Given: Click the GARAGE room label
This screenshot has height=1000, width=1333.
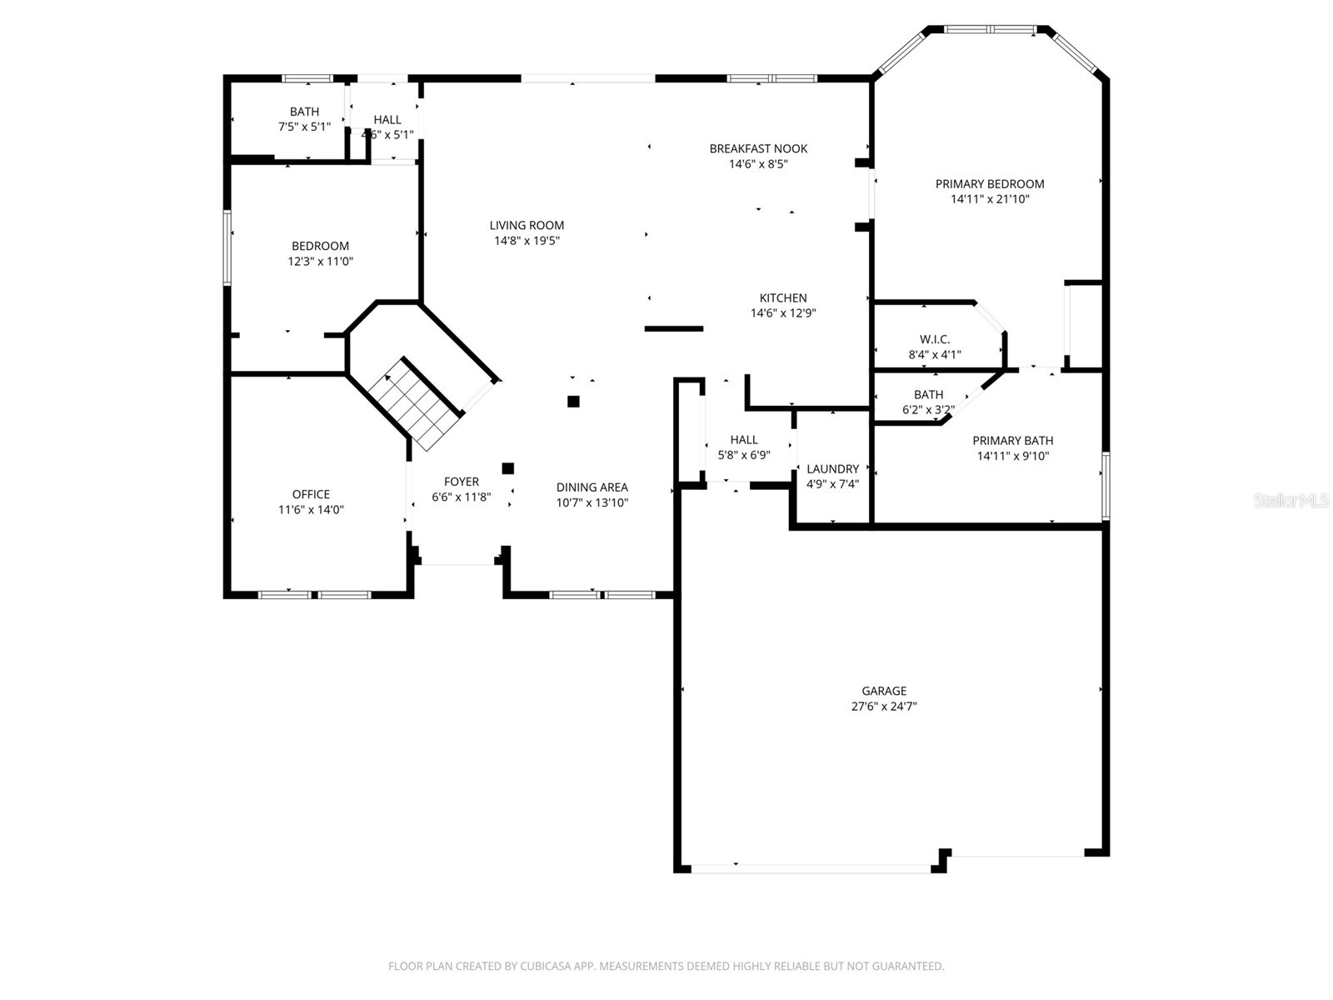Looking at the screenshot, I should (884, 691).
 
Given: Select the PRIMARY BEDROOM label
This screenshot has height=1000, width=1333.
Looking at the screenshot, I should (989, 184).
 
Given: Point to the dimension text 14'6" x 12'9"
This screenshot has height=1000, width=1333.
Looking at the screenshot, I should (782, 313).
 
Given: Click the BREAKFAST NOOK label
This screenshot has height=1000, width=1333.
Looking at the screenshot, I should (758, 149).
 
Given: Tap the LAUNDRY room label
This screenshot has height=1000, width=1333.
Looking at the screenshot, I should (832, 469).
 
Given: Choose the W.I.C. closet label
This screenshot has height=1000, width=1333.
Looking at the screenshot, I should (934, 339).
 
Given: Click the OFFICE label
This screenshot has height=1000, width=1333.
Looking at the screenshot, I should (311, 494).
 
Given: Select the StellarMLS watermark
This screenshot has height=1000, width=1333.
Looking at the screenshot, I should (1291, 501).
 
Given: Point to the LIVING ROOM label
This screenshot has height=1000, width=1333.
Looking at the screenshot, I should (527, 225).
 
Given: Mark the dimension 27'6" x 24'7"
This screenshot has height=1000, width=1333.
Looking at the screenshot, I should (884, 707).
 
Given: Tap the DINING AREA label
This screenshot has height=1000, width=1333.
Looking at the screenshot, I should (592, 487).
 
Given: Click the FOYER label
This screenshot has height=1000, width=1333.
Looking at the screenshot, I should (461, 482).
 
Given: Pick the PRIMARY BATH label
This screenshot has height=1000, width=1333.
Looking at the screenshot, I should (1012, 441).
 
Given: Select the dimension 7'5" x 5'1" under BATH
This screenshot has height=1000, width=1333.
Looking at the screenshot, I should (304, 127).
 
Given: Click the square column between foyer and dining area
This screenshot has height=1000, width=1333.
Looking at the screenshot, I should (507, 468).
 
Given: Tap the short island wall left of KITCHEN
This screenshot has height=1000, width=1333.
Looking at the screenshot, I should (674, 328).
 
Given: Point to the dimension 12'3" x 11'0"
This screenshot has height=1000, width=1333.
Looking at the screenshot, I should (320, 262).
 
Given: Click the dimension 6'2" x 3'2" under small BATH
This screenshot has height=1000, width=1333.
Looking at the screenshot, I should (928, 410).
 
